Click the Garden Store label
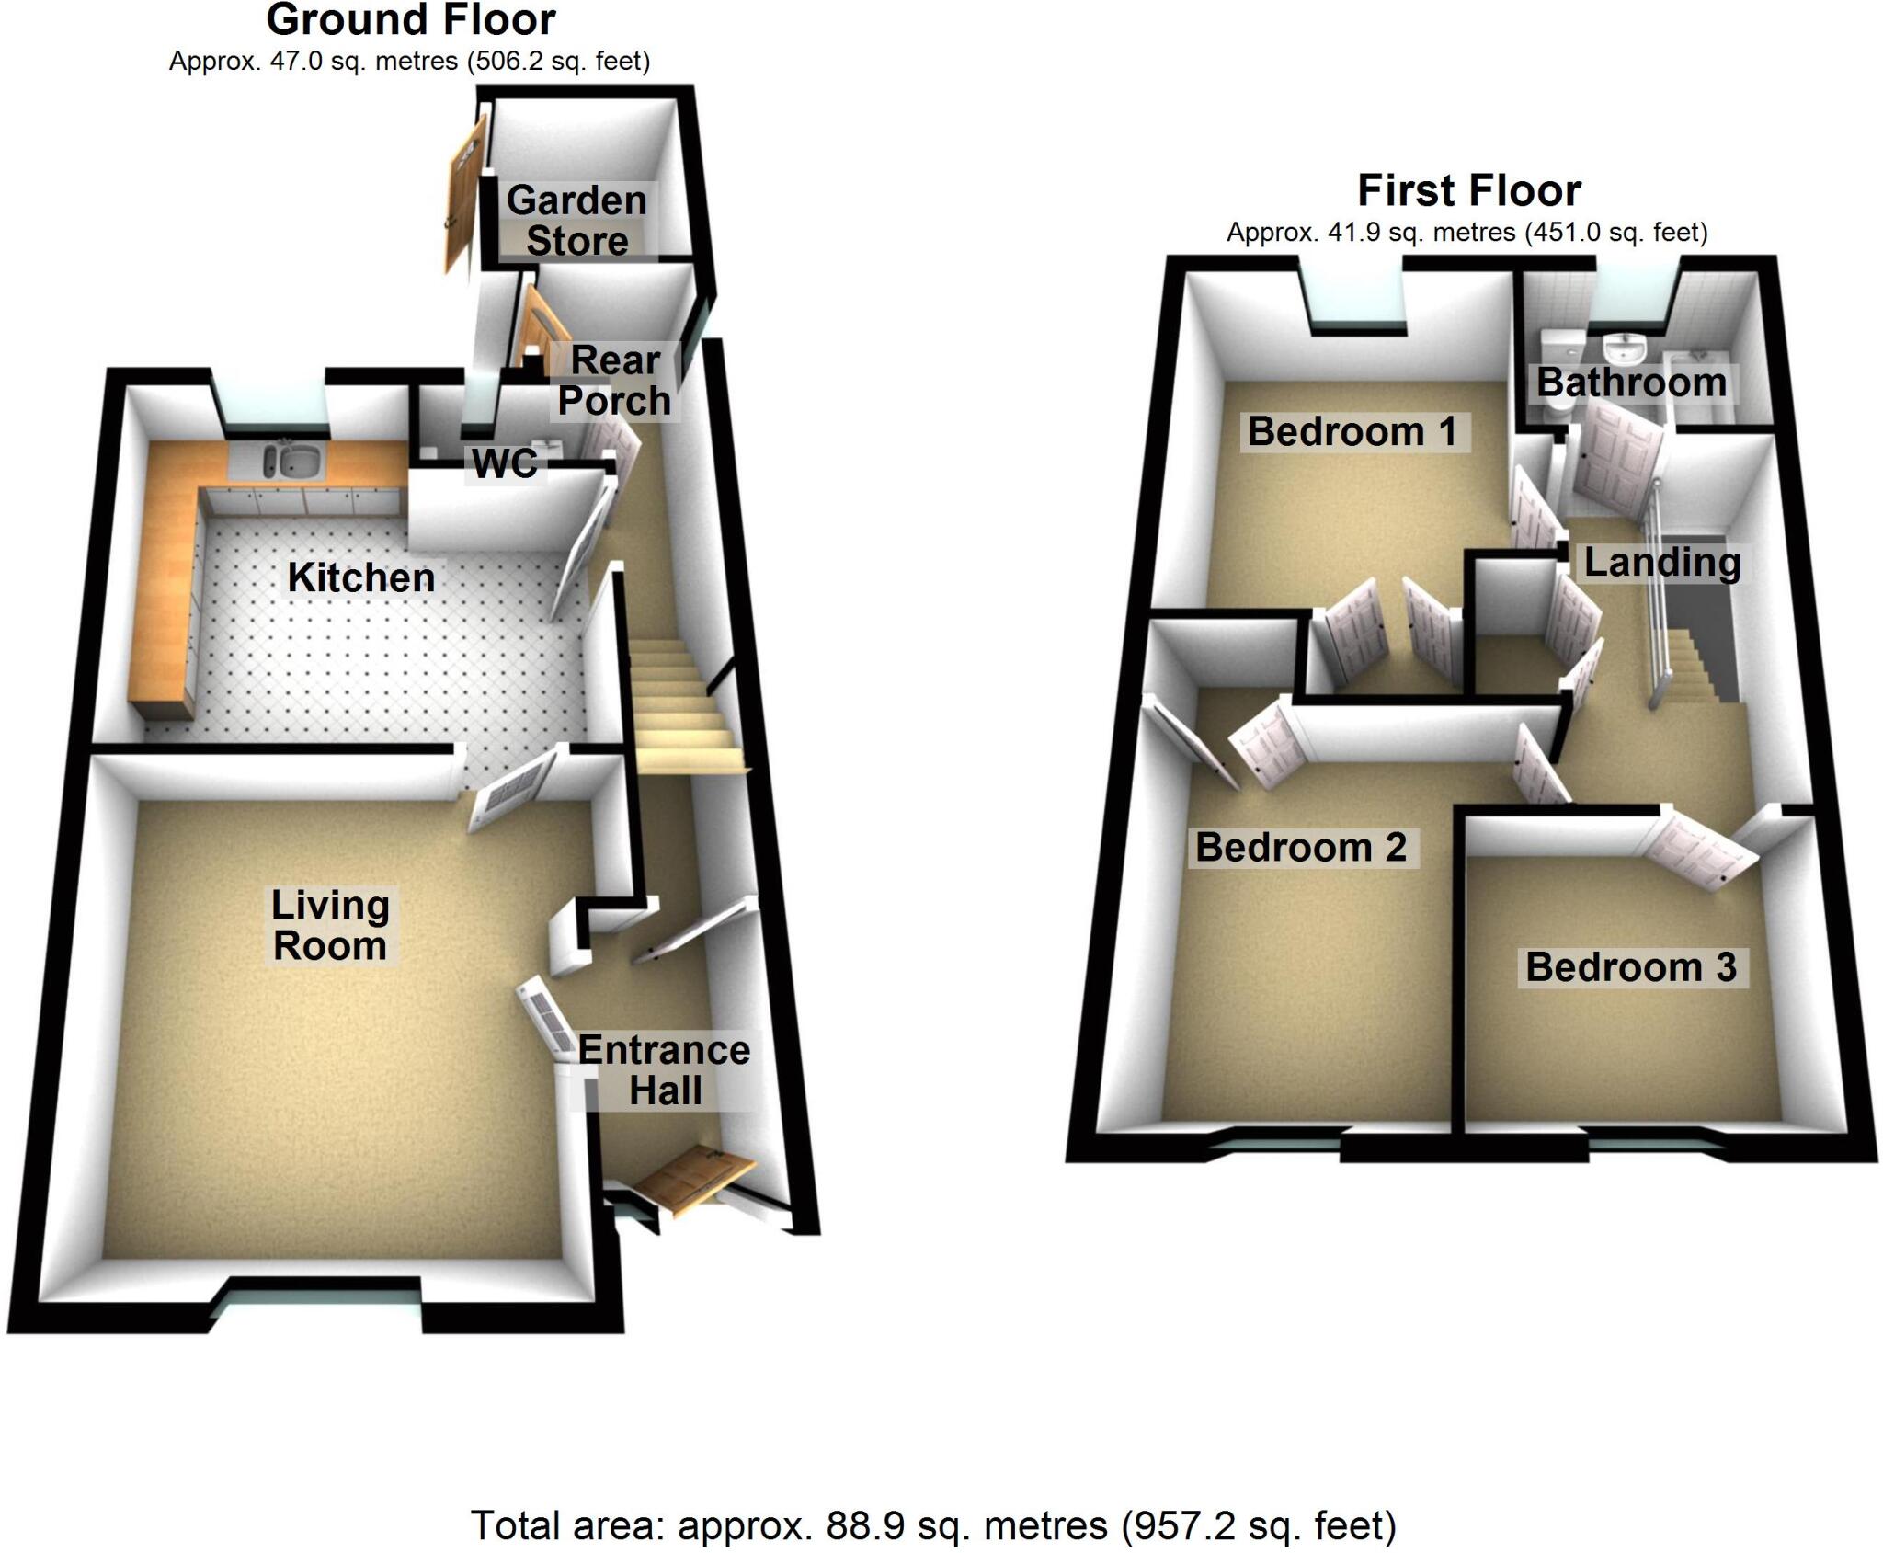[576, 221]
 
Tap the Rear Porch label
[615, 381]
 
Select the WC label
[505, 463]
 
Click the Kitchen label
[361, 577]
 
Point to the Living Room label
[330, 926]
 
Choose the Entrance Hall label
[664, 1070]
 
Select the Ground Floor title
[411, 20]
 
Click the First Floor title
[1469, 191]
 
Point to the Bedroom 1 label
[1352, 431]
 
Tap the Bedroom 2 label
[1301, 847]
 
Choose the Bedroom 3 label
[1631, 967]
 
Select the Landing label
[1662, 562]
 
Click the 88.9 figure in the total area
[862, 1525]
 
